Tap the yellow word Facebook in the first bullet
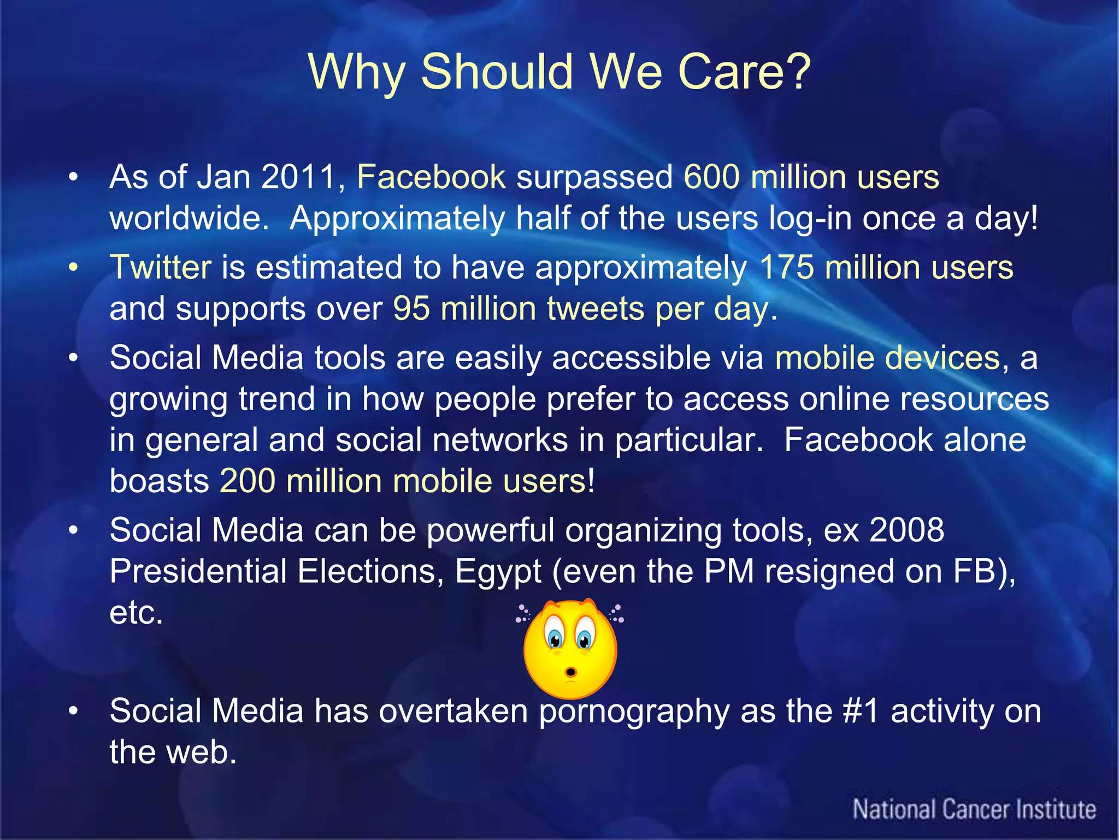click(x=431, y=177)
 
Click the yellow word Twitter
click(x=161, y=267)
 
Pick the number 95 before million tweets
click(x=411, y=309)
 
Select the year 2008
click(x=906, y=530)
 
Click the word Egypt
click(x=498, y=572)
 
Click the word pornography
click(x=634, y=712)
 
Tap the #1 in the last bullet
click(x=861, y=711)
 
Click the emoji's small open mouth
click(x=570, y=671)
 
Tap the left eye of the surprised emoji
click(x=555, y=637)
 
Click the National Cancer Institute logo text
click(x=974, y=809)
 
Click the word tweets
click(x=596, y=309)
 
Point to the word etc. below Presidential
click(x=136, y=613)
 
